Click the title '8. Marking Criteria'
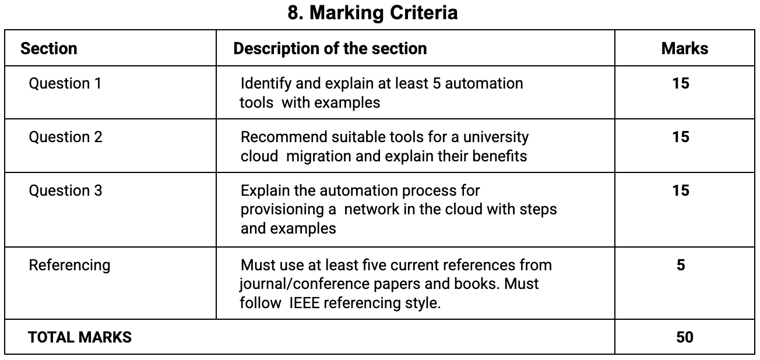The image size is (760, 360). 372,12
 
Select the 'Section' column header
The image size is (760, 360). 48,48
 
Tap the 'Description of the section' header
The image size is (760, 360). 330,48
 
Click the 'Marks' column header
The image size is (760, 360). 684,48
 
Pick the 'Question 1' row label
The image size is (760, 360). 65,83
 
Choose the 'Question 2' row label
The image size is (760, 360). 65,137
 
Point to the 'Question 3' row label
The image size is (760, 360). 65,190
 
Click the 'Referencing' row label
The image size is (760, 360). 69,265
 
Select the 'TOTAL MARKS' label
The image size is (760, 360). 80,337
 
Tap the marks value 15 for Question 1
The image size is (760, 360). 680,83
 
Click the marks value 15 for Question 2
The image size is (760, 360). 680,137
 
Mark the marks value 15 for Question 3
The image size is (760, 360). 680,190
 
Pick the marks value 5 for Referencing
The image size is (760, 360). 681,265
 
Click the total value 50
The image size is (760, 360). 684,337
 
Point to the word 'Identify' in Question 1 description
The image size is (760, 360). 263,83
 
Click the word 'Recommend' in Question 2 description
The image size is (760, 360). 277,137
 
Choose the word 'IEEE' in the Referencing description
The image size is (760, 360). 305,303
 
